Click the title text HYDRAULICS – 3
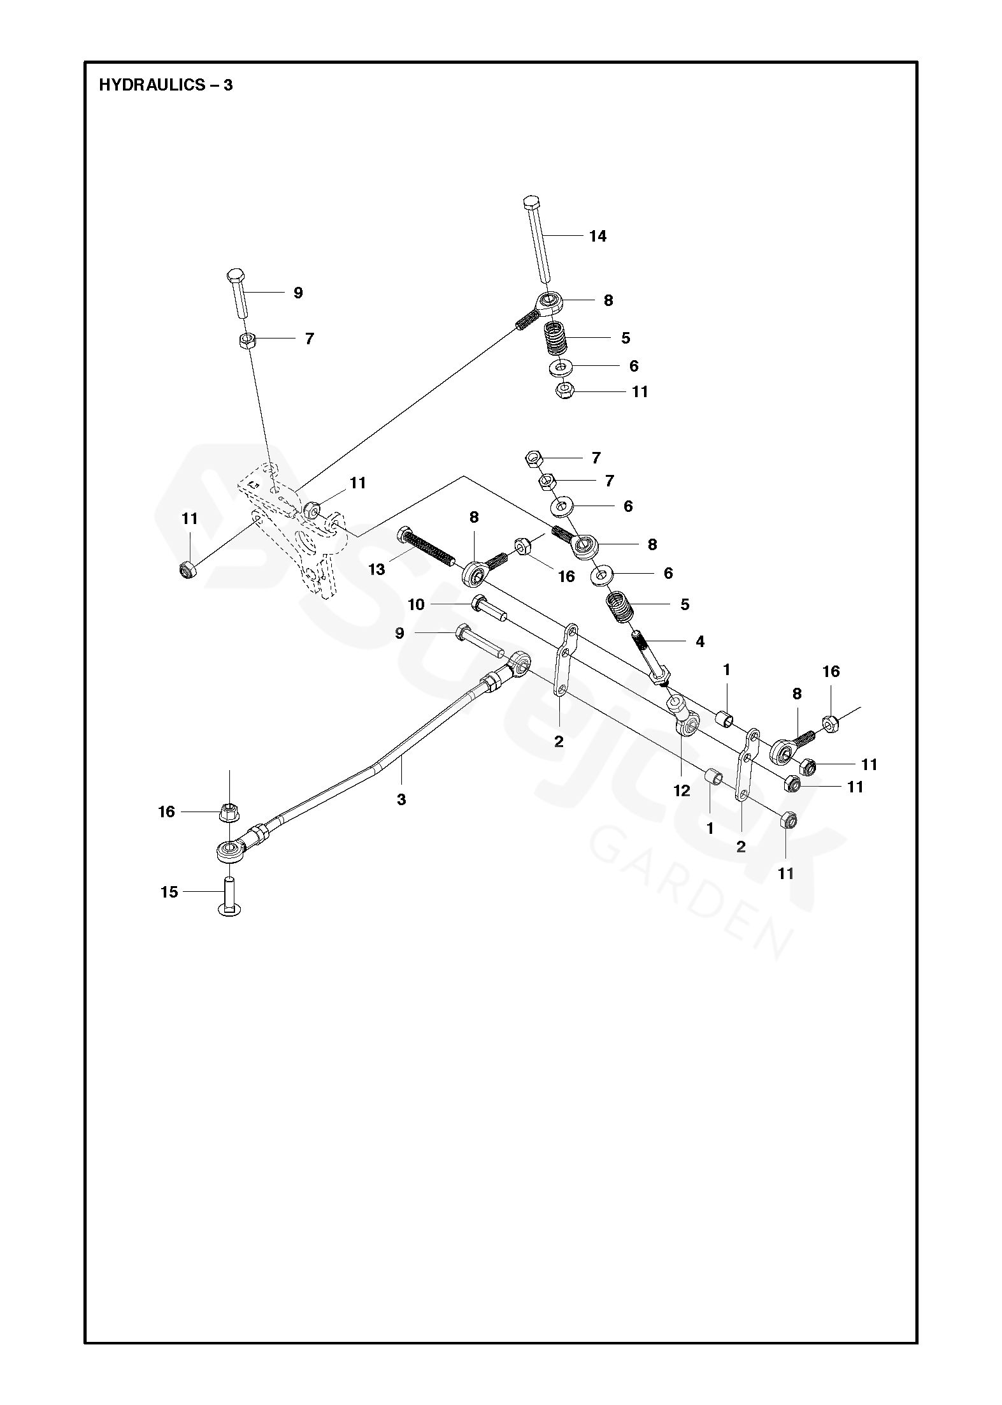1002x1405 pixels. (x=166, y=85)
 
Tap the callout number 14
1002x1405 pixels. (x=598, y=237)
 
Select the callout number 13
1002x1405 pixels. (x=376, y=569)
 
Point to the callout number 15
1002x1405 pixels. (x=169, y=892)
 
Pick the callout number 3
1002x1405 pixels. (x=401, y=799)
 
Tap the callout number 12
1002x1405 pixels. (x=682, y=791)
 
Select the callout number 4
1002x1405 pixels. (x=700, y=642)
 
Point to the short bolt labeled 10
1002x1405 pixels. (x=489, y=608)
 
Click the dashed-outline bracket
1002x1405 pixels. (x=293, y=529)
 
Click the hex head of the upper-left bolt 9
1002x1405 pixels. (x=235, y=277)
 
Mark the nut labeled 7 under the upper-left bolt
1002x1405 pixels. (x=248, y=339)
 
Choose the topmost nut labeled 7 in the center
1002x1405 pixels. (x=534, y=458)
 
